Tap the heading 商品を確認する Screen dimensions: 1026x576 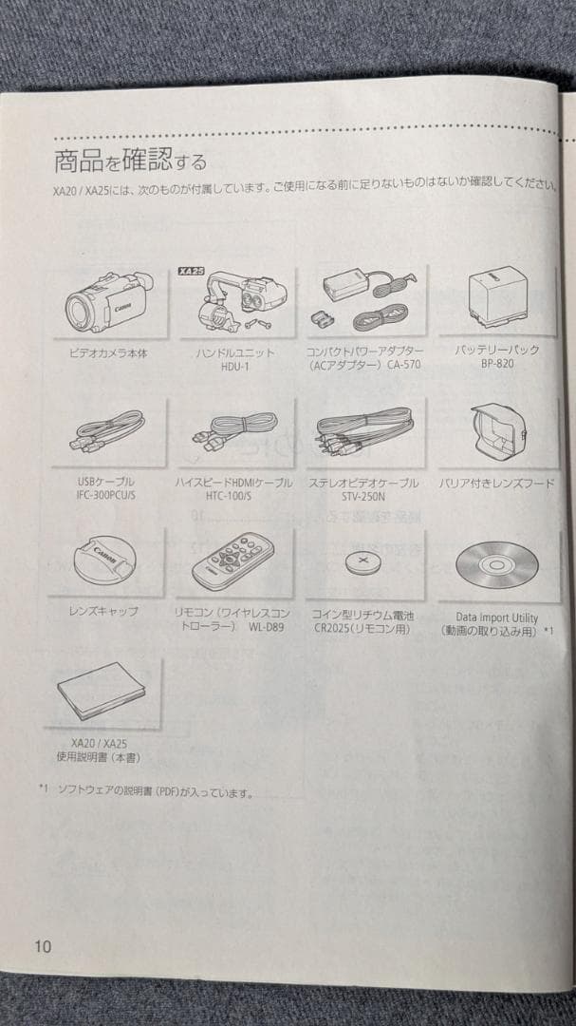(129, 158)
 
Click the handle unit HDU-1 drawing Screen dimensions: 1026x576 (236, 305)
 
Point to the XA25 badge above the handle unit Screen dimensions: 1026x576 (191, 271)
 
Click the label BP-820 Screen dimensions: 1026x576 (496, 364)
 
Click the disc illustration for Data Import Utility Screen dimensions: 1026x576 (496, 564)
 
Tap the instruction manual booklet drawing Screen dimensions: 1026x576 (102, 693)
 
